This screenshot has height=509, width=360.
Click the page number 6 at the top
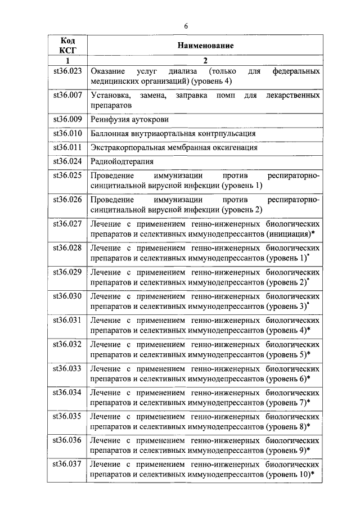[x=186, y=25]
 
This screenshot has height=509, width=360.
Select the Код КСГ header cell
[x=67, y=46]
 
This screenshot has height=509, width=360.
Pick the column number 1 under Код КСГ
[x=67, y=61]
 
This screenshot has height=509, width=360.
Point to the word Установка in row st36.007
[x=111, y=96]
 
